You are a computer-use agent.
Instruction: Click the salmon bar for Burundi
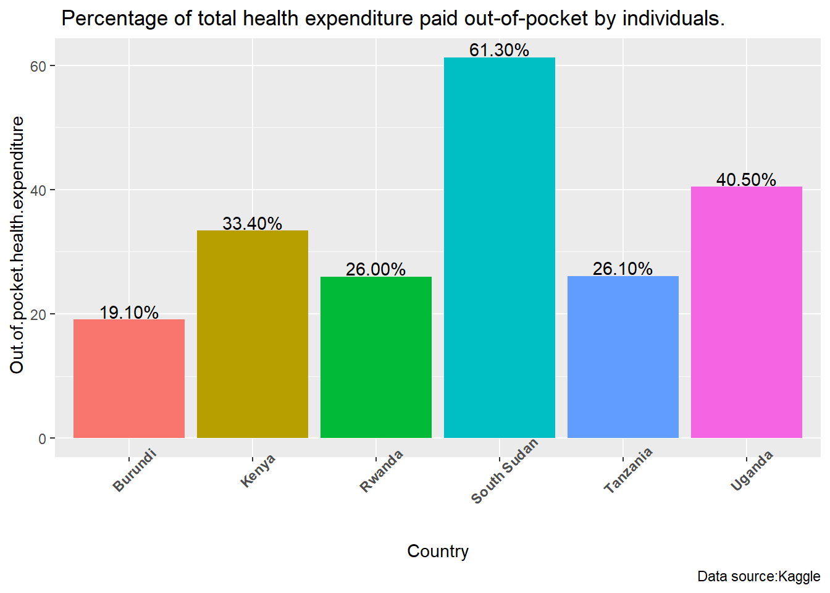pos(129,379)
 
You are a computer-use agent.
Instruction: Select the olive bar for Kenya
pos(253,334)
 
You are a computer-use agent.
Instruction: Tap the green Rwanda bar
pos(376,357)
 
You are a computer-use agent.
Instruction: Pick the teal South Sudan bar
pos(500,248)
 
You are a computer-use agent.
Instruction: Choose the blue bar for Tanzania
pos(623,357)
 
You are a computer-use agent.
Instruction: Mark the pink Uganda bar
pos(747,312)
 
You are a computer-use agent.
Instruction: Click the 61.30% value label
pos(499,50)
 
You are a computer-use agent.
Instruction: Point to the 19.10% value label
pos(129,313)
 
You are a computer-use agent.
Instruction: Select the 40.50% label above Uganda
pos(746,180)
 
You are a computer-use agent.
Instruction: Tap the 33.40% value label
pos(252,224)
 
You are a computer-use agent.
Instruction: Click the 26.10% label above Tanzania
pos(622,269)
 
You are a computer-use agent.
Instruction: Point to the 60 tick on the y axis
pos(38,66)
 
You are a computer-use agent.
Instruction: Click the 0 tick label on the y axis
pos(43,439)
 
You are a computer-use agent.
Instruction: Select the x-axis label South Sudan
pos(505,471)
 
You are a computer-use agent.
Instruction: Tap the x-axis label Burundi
pos(135,471)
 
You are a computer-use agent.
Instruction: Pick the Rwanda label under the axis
pos(382,471)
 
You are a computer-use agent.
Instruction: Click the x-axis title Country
pos(438,551)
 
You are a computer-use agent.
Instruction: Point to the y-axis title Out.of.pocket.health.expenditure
pos(17,245)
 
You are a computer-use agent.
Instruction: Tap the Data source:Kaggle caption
pos(759,576)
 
